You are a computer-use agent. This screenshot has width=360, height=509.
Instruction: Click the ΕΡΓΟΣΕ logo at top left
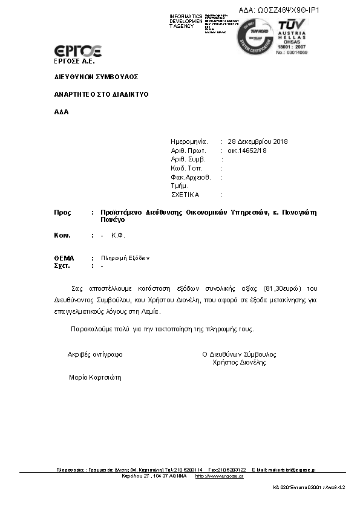[x=78, y=51]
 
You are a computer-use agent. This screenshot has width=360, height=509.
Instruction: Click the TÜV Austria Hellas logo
[x=293, y=36]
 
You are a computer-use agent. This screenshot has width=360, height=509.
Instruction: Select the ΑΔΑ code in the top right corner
[x=279, y=10]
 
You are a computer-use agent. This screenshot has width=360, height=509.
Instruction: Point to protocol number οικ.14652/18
[x=247, y=151]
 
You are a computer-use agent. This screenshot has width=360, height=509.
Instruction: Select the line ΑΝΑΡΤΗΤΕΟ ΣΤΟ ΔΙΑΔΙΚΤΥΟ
[x=101, y=94]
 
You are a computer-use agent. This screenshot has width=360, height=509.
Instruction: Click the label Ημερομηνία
[x=189, y=141]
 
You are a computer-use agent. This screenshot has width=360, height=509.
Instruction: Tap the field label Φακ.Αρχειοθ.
[x=191, y=177]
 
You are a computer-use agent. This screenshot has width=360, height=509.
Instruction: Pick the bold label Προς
[x=63, y=213]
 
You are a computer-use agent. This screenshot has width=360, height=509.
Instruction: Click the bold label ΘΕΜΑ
[x=64, y=258]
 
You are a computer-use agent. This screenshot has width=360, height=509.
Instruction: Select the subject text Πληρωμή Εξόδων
[x=125, y=258]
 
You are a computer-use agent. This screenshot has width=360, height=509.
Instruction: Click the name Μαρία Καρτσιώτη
[x=96, y=377]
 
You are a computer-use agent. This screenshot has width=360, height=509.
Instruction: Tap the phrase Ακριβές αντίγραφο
[x=96, y=354]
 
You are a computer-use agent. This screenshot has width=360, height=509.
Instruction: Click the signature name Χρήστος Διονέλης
[x=240, y=363]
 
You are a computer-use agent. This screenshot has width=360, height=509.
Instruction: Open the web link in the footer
[x=219, y=476]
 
